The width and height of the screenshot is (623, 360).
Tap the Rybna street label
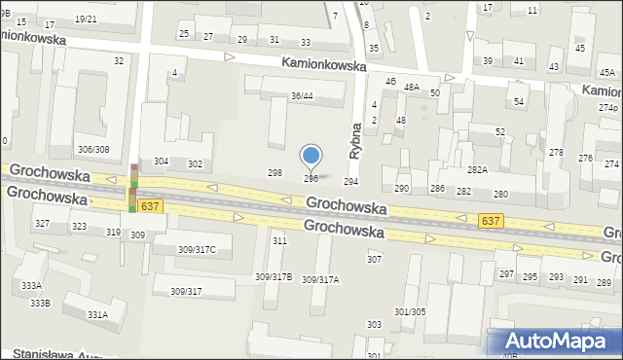[x=354, y=139]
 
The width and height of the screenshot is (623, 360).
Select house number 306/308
[x=93, y=149]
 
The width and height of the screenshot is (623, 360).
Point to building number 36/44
[x=302, y=95]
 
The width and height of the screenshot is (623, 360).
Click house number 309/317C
[x=197, y=250]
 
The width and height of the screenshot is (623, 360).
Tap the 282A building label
[x=477, y=169]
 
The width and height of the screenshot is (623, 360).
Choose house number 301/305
[x=409, y=311]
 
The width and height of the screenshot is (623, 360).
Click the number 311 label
[x=279, y=240]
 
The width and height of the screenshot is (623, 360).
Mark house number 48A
[x=412, y=88]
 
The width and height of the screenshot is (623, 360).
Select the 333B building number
[x=40, y=304]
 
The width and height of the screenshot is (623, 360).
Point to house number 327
[x=42, y=224]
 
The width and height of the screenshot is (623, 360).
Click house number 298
[x=275, y=172]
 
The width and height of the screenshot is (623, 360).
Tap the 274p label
[x=607, y=107]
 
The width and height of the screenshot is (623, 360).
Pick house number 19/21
[x=86, y=18]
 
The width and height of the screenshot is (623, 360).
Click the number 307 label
[x=374, y=260]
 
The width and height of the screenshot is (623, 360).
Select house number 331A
[x=97, y=314]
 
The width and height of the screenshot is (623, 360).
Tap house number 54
[x=519, y=102]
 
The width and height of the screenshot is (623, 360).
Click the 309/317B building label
[x=274, y=277]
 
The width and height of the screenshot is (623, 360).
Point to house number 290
[x=401, y=188]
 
